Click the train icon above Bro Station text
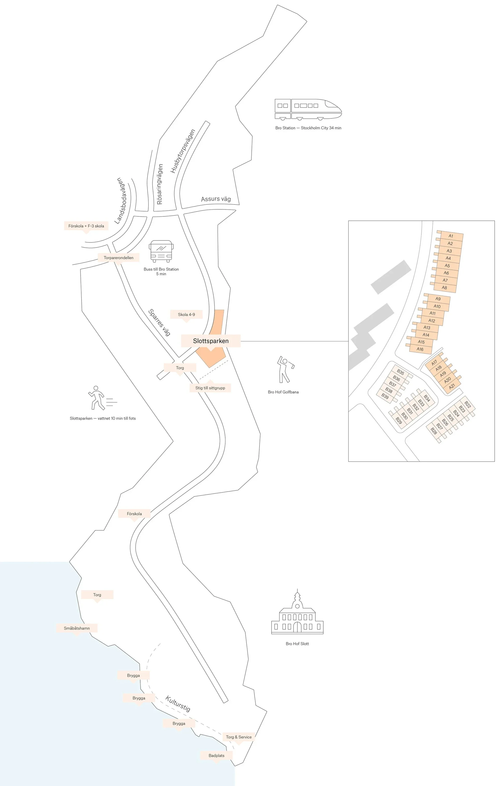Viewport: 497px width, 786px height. [308, 109]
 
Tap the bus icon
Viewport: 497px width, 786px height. [161, 251]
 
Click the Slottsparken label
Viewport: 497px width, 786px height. [211, 341]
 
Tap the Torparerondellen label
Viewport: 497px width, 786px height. [118, 258]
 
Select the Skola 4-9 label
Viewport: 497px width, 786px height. [186, 314]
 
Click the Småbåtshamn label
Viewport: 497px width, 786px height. [77, 628]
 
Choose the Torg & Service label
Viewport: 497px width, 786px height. [239, 737]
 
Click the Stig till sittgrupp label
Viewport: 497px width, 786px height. [210, 388]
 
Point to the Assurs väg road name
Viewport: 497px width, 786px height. [216, 199]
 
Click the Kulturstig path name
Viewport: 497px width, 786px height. [178, 703]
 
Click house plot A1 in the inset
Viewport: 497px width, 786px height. [451, 236]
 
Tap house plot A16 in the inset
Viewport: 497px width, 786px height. [420, 349]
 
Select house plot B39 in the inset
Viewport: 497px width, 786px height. [385, 396]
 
